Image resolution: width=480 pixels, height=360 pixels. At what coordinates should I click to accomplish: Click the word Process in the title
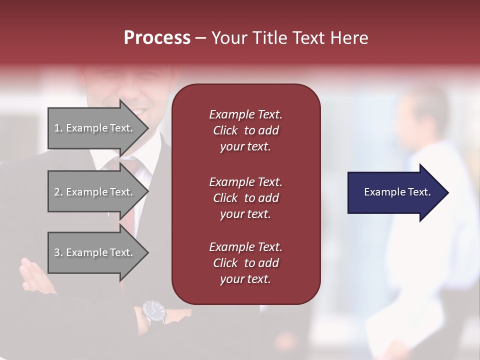157,38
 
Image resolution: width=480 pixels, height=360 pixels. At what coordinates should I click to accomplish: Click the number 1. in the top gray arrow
58,128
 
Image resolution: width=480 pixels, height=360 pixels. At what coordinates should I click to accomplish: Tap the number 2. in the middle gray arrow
58,192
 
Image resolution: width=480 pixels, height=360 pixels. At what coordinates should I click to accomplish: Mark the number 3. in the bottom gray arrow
58,252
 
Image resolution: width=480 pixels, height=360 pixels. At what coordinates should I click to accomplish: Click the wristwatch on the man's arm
153,311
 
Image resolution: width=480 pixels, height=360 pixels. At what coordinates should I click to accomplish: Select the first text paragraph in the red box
245,130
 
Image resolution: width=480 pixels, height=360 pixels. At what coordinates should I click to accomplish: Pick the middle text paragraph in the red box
245,198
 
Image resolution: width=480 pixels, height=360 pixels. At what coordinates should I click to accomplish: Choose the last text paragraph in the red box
245,263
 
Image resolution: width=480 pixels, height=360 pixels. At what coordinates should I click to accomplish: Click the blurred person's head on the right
422,112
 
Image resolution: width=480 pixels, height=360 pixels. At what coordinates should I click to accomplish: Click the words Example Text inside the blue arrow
397,192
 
